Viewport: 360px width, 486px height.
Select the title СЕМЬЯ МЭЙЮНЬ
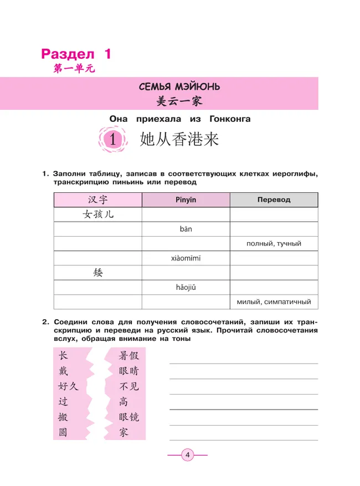click(x=180, y=86)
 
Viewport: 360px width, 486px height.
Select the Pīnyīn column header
click(x=186, y=199)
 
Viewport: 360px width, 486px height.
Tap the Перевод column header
click(x=274, y=199)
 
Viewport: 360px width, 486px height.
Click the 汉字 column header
click(x=97, y=199)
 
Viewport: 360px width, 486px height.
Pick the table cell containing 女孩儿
click(x=97, y=214)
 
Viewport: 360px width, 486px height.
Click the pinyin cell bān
click(x=186, y=229)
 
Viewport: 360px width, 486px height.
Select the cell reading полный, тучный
click(x=274, y=244)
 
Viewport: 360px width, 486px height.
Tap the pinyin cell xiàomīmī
click(x=186, y=258)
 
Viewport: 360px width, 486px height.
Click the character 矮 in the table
click(x=97, y=273)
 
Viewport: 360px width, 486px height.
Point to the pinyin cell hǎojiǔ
click(x=186, y=287)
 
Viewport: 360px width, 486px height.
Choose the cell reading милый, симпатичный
click(x=274, y=302)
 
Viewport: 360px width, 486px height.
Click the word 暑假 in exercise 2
click(x=129, y=356)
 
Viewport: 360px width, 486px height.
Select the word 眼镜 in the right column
click(x=129, y=417)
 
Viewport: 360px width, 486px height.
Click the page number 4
click(x=187, y=456)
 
